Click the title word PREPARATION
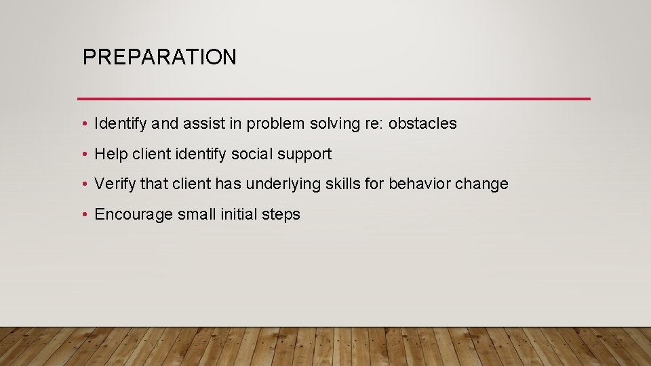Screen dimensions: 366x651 (159, 58)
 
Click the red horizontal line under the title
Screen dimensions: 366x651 (334, 99)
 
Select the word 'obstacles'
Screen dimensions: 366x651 (422, 124)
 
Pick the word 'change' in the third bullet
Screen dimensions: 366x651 (484, 184)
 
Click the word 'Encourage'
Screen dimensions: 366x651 (134, 215)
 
